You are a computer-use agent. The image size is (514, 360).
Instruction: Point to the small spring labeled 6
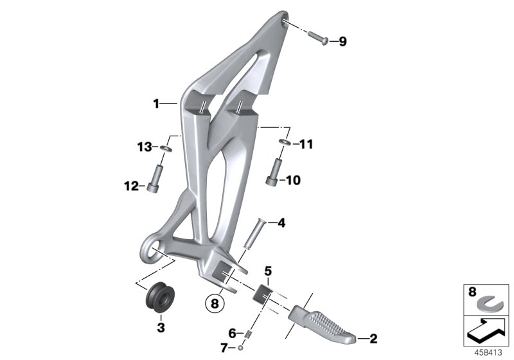pos(245,332)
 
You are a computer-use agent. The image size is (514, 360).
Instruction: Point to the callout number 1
pos(155,104)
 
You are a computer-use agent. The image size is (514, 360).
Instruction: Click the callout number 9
pos(342,42)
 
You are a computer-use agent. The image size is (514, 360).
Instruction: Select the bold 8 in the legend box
pos(472,292)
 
